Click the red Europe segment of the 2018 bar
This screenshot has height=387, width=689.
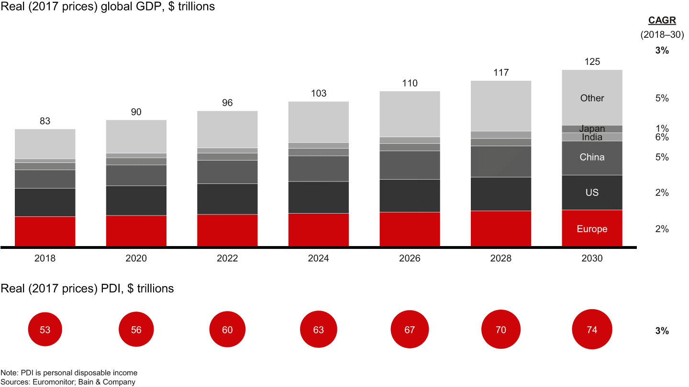(x=45, y=231)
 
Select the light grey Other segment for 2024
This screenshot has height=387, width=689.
(x=318, y=122)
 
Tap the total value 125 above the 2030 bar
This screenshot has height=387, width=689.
(x=592, y=62)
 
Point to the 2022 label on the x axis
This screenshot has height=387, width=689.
(x=227, y=258)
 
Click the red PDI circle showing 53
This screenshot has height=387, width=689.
(x=45, y=330)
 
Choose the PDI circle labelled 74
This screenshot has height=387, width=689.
(x=592, y=330)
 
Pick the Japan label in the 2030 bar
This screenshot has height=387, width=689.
(x=592, y=129)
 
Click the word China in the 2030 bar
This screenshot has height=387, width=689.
(x=592, y=157)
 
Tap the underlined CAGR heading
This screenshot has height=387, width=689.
(x=662, y=20)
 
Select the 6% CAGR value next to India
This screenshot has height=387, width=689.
(x=662, y=138)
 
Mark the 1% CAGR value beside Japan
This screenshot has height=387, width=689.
(x=662, y=129)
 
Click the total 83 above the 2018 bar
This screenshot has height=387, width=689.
(x=45, y=121)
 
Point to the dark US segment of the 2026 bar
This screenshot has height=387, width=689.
(x=410, y=195)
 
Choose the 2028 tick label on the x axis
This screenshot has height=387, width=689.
(x=500, y=258)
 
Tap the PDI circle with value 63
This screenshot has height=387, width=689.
(x=318, y=330)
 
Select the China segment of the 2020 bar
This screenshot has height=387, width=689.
(x=136, y=175)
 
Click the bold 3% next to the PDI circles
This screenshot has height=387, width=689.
(x=662, y=331)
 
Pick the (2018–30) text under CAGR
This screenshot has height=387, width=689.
(x=662, y=35)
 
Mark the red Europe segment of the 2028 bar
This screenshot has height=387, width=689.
(x=500, y=228)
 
